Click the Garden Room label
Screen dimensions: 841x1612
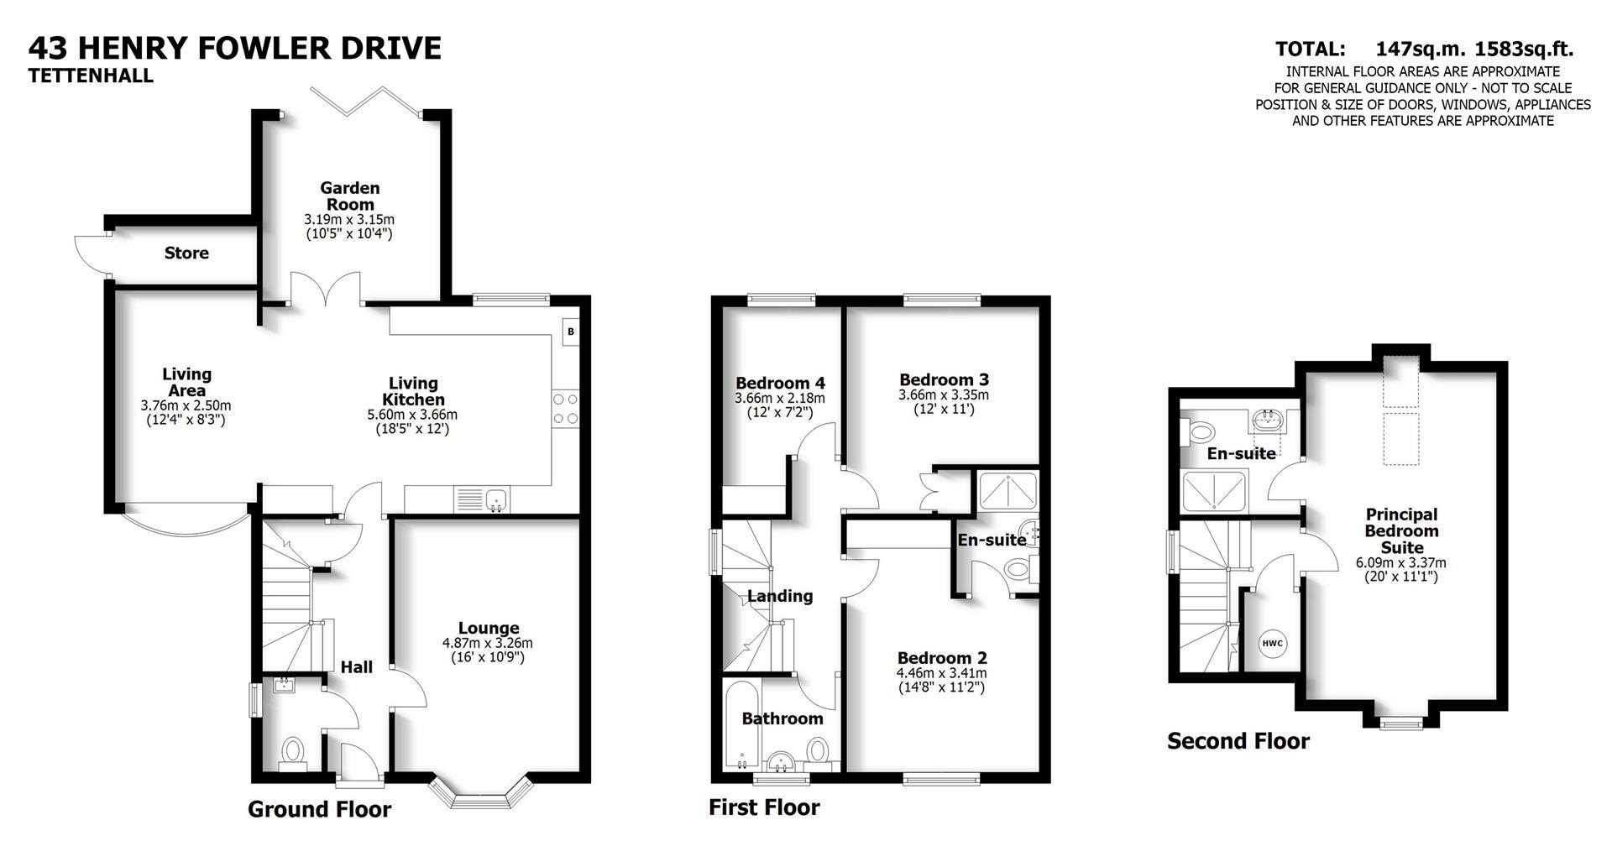coord(349,196)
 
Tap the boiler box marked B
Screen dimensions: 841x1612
coord(571,332)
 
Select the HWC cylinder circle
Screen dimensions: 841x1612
coord(1272,644)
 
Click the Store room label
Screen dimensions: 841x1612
coord(186,253)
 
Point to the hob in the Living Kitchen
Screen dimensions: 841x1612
coord(565,409)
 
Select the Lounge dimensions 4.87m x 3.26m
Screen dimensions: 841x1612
coord(488,644)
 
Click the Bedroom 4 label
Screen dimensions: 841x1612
coord(780,384)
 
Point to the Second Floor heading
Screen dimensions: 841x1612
coord(1238,741)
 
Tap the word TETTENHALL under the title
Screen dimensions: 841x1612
coord(91,76)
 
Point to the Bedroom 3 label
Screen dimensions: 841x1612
coord(944,379)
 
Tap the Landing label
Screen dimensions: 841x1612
coord(780,596)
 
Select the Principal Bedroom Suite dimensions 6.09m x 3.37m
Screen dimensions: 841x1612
coord(1400,563)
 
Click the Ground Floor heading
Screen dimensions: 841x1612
coord(319,810)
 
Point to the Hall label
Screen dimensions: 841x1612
coord(357,667)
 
